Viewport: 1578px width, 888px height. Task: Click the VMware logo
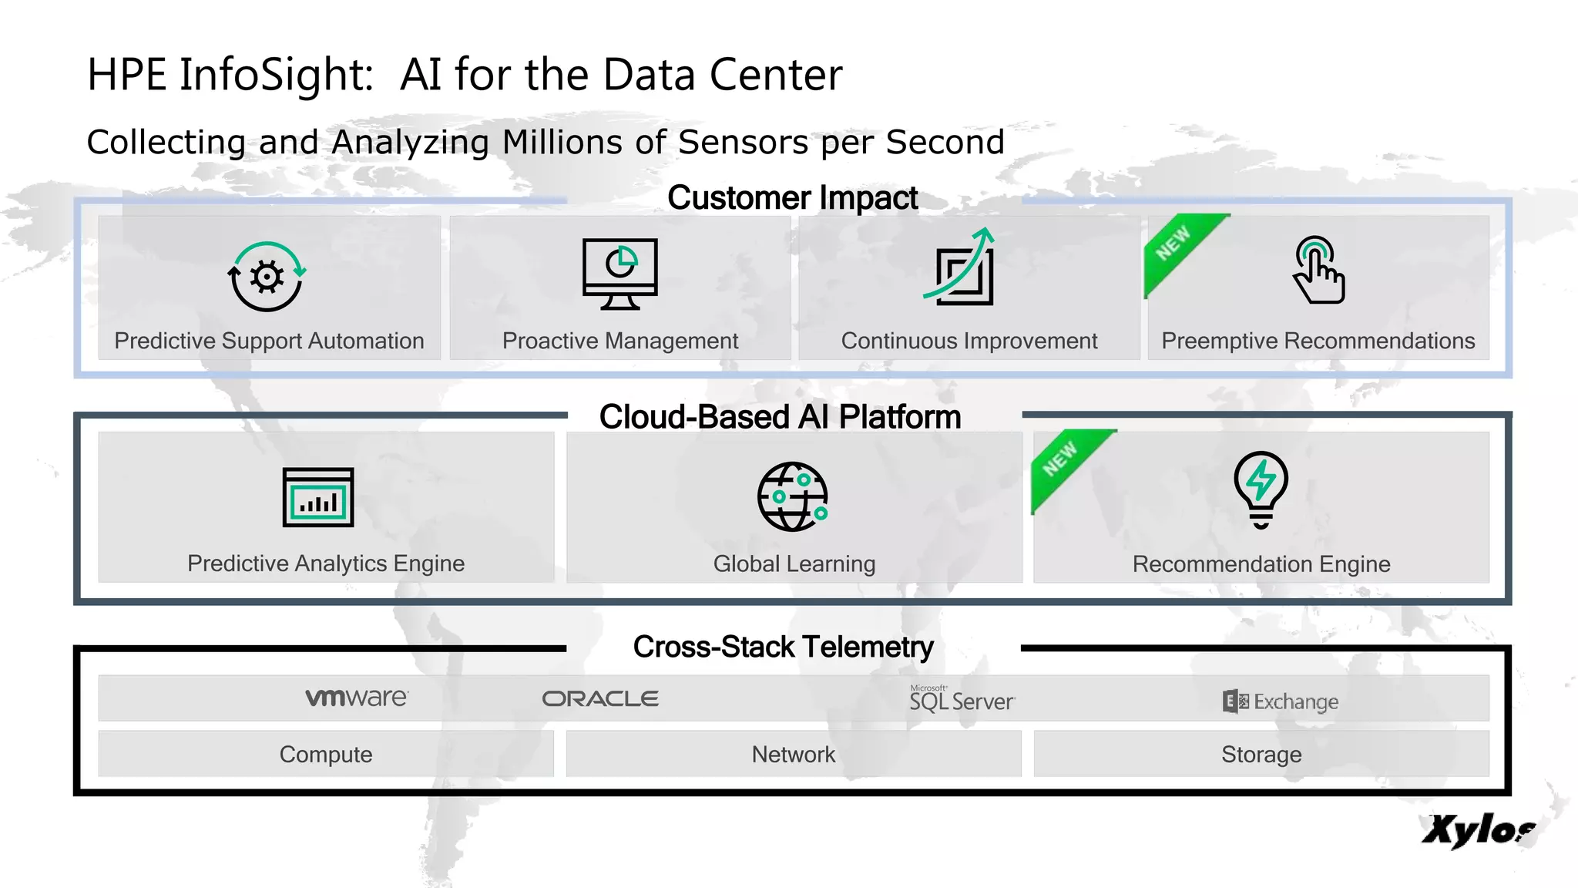(357, 698)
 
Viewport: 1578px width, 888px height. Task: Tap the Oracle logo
(600, 699)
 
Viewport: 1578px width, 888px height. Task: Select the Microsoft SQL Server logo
(962, 699)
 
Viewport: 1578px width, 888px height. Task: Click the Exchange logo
(1281, 701)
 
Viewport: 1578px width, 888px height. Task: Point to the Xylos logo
(1478, 830)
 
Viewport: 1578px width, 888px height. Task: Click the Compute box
(326, 754)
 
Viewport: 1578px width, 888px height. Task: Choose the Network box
(794, 754)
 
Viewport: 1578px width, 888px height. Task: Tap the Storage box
(1261, 754)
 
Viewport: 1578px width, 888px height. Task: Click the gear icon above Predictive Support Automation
(267, 277)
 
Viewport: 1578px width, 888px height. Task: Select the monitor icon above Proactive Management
(620, 273)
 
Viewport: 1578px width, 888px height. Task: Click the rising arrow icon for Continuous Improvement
(962, 267)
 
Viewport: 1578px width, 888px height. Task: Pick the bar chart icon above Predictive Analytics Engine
(318, 497)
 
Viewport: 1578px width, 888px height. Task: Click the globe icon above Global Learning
(792, 497)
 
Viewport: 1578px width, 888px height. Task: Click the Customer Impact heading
(792, 198)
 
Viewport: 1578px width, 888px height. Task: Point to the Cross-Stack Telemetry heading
(783, 647)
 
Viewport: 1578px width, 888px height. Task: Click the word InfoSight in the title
(277, 76)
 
